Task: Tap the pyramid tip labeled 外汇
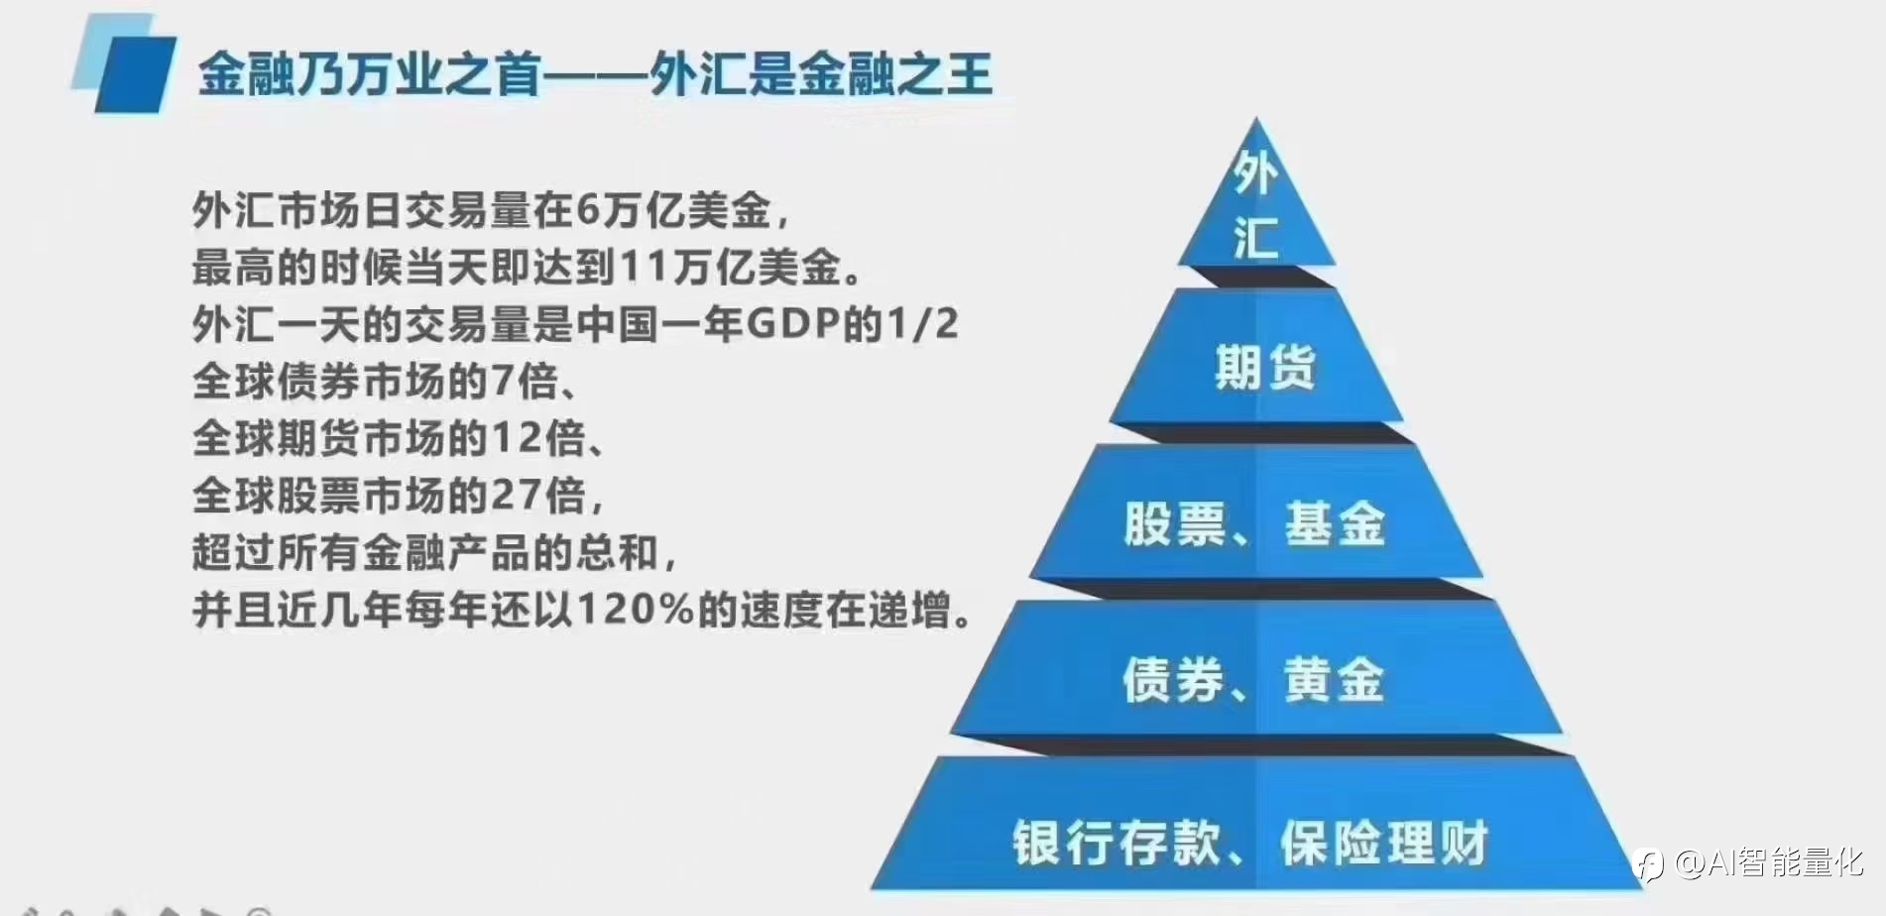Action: click(x=1255, y=198)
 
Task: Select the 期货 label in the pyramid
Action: click(x=1265, y=367)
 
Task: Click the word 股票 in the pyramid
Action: click(x=1175, y=523)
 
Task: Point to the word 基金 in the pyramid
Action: click(x=1335, y=523)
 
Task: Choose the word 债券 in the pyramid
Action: click(x=1174, y=680)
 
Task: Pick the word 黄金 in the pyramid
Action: click(x=1334, y=680)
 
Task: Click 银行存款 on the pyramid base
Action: click(x=1117, y=843)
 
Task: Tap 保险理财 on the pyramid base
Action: click(x=1385, y=843)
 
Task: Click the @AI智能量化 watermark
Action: click(x=1751, y=862)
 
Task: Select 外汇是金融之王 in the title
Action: click(x=821, y=74)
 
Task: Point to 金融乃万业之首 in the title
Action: click(x=370, y=74)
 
